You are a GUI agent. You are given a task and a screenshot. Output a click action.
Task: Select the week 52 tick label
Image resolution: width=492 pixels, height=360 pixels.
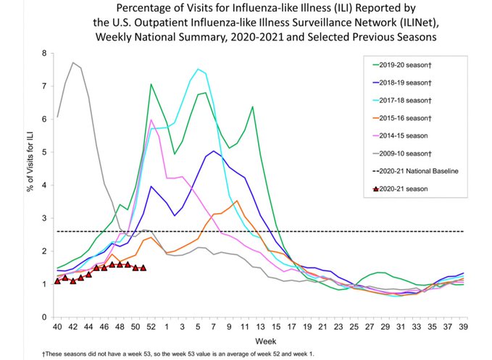151,327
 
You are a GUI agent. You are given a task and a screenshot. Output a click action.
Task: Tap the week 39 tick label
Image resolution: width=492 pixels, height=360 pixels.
463,327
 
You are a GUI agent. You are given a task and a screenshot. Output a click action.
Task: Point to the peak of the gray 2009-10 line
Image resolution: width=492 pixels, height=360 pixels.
73,63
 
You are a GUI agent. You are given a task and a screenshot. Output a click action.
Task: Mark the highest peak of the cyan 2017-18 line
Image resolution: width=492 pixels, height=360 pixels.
199,70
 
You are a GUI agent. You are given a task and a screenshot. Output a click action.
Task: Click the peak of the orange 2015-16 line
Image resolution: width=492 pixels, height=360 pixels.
237,201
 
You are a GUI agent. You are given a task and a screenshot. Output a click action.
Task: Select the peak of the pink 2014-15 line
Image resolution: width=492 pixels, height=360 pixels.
151,120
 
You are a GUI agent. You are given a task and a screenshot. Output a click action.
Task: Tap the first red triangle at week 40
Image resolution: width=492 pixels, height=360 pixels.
57,280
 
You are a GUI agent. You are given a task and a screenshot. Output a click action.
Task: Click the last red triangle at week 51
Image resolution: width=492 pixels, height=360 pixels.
143,267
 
